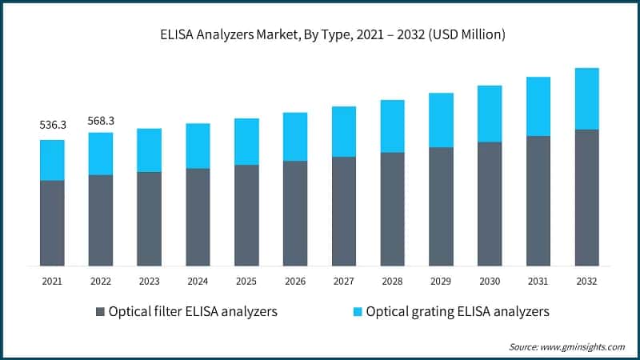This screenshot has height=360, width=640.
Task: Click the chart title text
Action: click(320, 34)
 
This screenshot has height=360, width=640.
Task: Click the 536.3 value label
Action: click(52, 126)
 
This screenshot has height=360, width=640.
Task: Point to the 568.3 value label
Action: click(101, 120)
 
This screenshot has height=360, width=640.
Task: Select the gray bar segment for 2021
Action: click(52, 223)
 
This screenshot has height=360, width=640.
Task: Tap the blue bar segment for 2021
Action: click(52, 160)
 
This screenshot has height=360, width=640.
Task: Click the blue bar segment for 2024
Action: click(198, 146)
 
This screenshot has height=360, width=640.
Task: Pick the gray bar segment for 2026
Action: click(295, 213)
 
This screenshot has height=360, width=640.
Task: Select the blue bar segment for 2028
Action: click(392, 126)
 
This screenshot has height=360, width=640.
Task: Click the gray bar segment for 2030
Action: click(490, 204)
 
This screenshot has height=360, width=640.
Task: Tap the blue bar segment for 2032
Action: click(586, 98)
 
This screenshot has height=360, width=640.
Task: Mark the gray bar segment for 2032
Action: click(586, 198)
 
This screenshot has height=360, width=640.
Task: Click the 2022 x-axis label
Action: click(101, 281)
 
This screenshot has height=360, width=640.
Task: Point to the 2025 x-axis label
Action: click(246, 281)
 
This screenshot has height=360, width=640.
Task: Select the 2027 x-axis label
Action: click(344, 281)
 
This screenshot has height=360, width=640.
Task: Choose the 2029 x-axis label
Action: click(441, 281)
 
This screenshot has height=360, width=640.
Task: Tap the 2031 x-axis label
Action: click(538, 281)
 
